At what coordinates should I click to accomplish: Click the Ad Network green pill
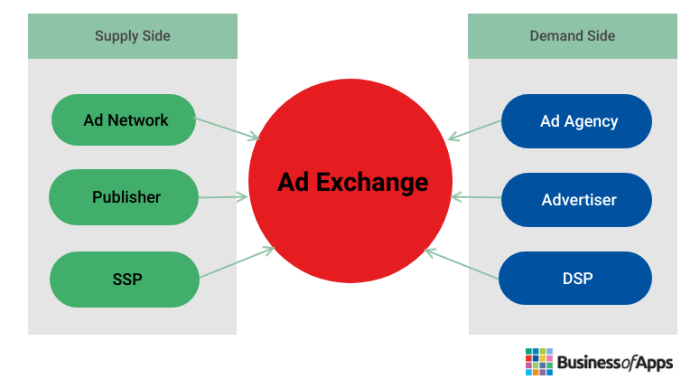(124, 119)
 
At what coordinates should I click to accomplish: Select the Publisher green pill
(124, 197)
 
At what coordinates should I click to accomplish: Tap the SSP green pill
(125, 280)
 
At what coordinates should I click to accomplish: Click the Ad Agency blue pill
(576, 121)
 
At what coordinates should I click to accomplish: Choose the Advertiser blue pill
(576, 200)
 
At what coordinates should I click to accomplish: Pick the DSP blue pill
(575, 278)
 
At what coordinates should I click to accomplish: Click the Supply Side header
(133, 36)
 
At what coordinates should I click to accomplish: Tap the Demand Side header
(573, 36)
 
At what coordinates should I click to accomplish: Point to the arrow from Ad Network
(227, 128)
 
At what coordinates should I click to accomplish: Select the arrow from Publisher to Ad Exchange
(223, 196)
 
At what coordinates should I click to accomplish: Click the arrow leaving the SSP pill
(237, 262)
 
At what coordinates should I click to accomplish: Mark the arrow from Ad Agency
(474, 130)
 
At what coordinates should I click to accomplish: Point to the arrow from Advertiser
(476, 196)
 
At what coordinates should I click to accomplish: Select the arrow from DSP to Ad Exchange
(462, 264)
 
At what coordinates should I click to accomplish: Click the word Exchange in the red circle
(372, 183)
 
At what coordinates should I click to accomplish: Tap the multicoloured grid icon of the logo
(539, 362)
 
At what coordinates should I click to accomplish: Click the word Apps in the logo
(654, 363)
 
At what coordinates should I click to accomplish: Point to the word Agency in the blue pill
(591, 122)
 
